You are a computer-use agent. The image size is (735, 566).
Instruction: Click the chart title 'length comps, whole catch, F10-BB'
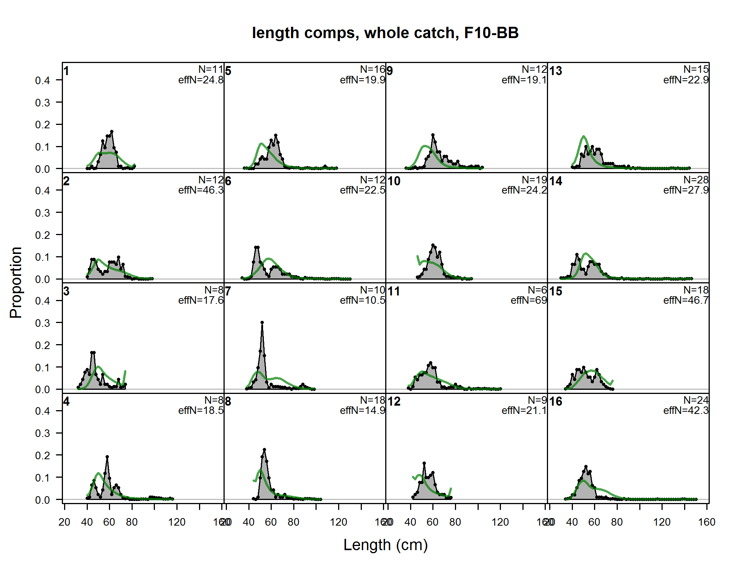(385, 33)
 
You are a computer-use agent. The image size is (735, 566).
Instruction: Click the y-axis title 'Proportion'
(16, 282)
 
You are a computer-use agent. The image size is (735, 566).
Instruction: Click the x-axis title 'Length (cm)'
(385, 545)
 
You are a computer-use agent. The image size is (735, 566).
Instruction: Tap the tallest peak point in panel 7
(262, 323)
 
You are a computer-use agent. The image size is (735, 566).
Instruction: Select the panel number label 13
(556, 71)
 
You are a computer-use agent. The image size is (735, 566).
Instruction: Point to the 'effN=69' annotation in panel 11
(528, 300)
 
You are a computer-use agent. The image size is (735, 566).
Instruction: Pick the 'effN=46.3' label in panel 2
(201, 190)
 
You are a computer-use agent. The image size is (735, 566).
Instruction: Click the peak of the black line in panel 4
(107, 457)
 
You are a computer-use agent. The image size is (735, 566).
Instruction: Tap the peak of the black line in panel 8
(264, 450)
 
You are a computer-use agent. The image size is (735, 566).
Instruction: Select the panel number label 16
(556, 401)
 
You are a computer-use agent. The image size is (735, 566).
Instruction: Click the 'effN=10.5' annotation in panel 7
(362, 300)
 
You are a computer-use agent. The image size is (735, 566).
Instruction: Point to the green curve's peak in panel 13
(583, 136)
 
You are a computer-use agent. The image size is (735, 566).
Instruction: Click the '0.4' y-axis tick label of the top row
(42, 80)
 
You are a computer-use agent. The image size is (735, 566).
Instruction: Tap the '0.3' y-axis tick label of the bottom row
(42, 433)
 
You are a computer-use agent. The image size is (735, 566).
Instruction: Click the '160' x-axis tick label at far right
(706, 522)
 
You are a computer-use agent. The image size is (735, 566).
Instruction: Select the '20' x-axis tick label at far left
(64, 522)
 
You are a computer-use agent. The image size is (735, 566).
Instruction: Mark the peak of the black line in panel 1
(112, 132)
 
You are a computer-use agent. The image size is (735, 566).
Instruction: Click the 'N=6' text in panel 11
(537, 290)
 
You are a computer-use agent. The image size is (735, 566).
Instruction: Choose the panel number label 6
(228, 181)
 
